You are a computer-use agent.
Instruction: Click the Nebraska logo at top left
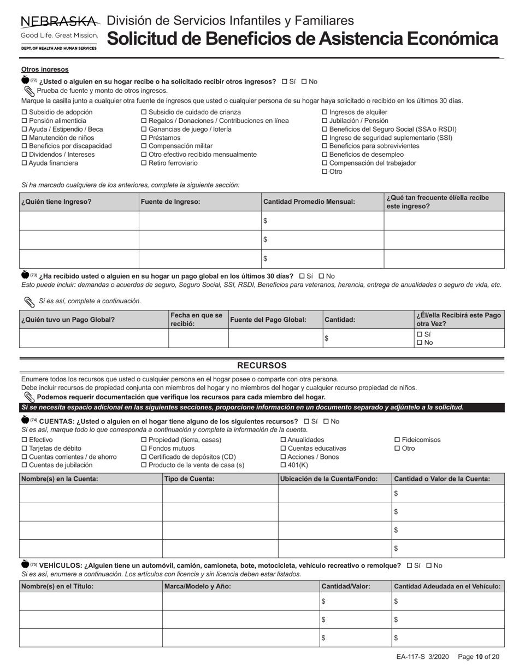click(x=59, y=33)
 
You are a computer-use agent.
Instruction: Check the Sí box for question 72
click(x=285, y=82)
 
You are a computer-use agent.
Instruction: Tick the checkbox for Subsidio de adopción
click(x=24, y=113)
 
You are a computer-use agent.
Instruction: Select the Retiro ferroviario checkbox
click(x=144, y=163)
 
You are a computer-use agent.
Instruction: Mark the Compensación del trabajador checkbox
click(x=325, y=163)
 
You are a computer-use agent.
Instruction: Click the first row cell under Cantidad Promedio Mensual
click(x=322, y=221)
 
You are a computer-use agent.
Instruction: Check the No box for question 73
click(x=321, y=276)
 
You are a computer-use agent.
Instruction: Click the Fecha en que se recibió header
click(x=198, y=320)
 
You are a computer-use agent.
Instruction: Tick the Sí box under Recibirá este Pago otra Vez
click(x=420, y=334)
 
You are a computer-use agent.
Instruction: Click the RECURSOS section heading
click(x=262, y=366)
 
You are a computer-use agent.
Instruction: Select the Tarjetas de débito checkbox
click(x=24, y=449)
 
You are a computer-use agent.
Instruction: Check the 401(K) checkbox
click(x=283, y=465)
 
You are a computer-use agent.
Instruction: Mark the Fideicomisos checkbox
click(x=397, y=440)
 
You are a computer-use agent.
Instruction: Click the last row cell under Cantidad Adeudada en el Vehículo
click(x=448, y=638)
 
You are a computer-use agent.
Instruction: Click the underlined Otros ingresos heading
click(x=45, y=69)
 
